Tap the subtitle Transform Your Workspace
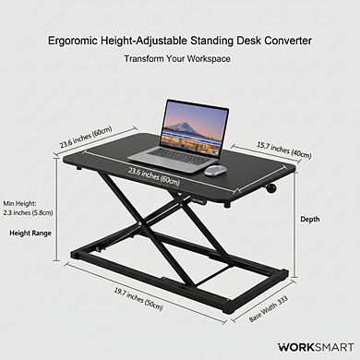[x=179, y=58]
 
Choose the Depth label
[x=310, y=219]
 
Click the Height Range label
[x=30, y=234]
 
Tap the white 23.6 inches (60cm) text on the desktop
[x=154, y=177]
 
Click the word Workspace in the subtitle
[x=206, y=58]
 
